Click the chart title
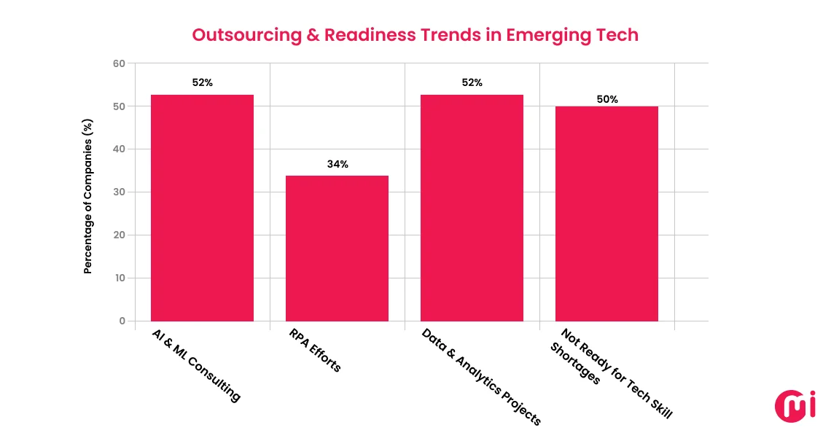click(x=415, y=34)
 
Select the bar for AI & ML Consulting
click(x=202, y=208)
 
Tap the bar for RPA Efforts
click(x=337, y=248)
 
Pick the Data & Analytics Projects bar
click(x=472, y=208)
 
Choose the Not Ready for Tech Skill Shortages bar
click(x=606, y=214)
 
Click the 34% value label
click(x=338, y=164)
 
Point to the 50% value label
click(x=607, y=99)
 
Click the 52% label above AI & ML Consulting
click(x=203, y=82)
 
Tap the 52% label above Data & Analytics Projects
click(x=472, y=82)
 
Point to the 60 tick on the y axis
click(x=119, y=63)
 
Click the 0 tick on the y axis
click(x=122, y=321)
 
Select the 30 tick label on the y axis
click(x=119, y=192)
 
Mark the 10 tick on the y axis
click(x=119, y=278)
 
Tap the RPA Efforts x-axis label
click(x=315, y=351)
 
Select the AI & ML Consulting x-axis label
click(x=196, y=365)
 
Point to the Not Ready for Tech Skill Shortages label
click(x=611, y=372)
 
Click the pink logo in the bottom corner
click(x=795, y=405)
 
